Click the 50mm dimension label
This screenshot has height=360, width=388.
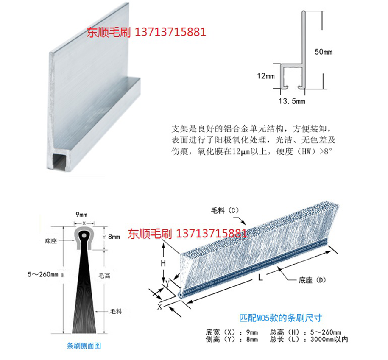point(324,52)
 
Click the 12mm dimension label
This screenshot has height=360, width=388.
point(266,76)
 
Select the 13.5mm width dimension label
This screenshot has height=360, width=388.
point(292,101)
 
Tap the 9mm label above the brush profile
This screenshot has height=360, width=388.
point(81,215)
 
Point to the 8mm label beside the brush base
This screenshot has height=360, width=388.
point(114,237)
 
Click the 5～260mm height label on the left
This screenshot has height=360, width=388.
point(43,274)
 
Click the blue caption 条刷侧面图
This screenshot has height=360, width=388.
point(84,346)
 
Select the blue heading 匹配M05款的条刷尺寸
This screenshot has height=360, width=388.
point(281,318)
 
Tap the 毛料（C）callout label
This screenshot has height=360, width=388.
point(225,211)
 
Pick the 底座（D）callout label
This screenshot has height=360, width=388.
point(312,280)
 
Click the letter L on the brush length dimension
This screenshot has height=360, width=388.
point(260,278)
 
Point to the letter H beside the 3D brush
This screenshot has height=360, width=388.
point(163,263)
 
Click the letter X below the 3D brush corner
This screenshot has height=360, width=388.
point(160,307)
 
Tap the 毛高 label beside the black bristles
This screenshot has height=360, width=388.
point(104,276)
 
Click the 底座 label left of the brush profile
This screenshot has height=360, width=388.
point(51,241)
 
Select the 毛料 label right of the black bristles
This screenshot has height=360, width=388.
point(116,311)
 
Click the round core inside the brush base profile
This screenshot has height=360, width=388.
point(84,235)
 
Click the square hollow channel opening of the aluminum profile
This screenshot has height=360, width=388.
point(59,161)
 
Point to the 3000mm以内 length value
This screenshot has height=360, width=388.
point(329,339)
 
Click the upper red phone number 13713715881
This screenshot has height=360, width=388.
point(170,32)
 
